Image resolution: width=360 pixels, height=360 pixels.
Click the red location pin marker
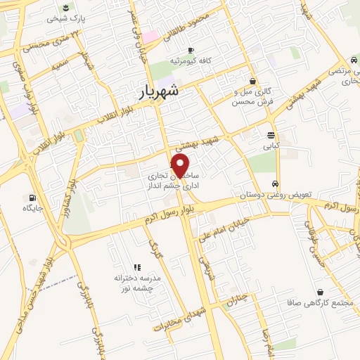tap(180, 167)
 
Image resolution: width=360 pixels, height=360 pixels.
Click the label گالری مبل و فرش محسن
tap(252, 97)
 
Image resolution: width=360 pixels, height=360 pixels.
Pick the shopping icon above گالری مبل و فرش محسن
tap(252, 82)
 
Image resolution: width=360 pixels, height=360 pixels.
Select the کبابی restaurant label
tap(271, 148)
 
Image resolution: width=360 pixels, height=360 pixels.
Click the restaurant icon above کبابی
tap(271, 136)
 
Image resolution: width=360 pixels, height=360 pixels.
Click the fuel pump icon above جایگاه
tap(31, 198)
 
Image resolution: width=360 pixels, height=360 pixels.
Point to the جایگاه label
tap(32, 209)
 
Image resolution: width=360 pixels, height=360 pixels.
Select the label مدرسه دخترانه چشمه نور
tap(138, 283)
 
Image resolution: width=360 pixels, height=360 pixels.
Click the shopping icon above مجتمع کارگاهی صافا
tap(320, 292)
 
